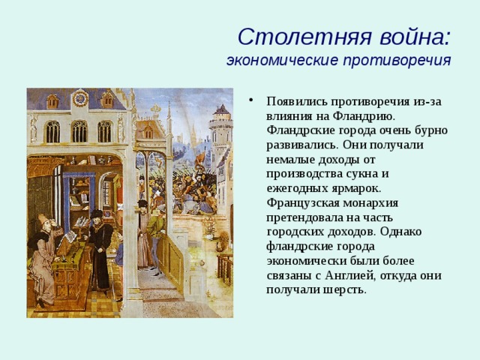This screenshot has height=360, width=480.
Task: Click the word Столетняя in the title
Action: [305, 37]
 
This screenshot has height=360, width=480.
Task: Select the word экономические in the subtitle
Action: [282, 60]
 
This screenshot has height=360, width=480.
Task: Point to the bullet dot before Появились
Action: [251, 100]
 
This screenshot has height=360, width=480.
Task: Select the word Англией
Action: [350, 276]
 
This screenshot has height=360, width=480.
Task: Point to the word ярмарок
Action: [357, 189]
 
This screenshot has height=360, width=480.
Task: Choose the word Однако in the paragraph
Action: [400, 232]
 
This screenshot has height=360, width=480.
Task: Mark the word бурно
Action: [431, 130]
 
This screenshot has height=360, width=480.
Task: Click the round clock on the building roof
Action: [80, 98]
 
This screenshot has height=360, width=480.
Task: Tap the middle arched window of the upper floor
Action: [79, 132]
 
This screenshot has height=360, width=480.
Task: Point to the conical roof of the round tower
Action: [222, 109]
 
